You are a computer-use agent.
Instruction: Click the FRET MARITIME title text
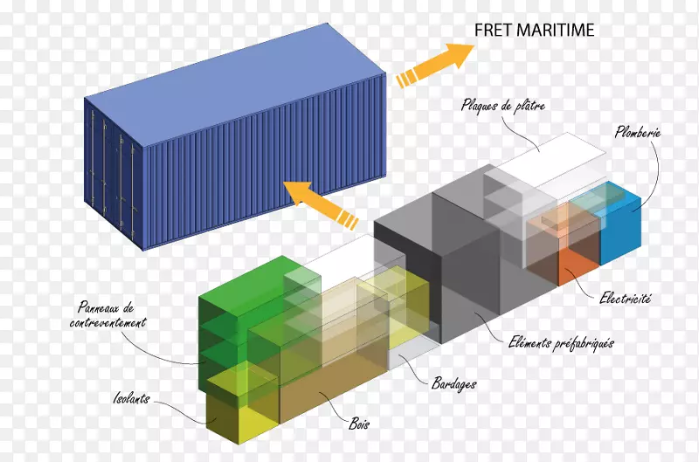[x=534, y=30]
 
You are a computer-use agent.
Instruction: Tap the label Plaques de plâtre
[x=503, y=106]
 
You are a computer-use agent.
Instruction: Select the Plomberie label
[x=638, y=132]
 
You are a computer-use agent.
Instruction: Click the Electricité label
[x=625, y=298]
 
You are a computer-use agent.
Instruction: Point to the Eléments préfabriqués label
[x=561, y=343]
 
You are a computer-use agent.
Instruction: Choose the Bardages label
[x=453, y=383]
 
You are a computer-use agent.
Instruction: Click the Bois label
[x=359, y=424]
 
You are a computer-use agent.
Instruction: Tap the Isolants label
[x=132, y=398]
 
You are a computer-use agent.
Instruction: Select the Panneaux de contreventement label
[x=107, y=314]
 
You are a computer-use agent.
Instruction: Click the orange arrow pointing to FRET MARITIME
[x=434, y=65]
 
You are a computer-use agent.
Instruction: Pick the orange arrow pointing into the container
[x=321, y=204]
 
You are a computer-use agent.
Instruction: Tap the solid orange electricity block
[x=578, y=267]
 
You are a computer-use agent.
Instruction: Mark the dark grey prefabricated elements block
[x=468, y=267]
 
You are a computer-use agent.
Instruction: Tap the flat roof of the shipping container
[x=235, y=85]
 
